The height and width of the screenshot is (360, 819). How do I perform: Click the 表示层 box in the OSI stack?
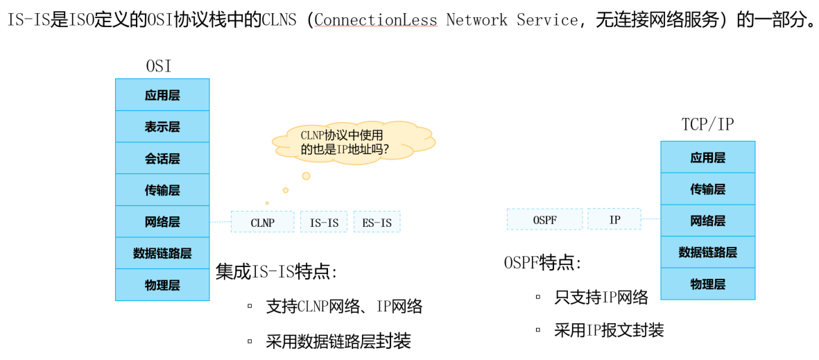coord(162,127)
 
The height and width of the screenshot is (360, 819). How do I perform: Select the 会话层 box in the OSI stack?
coord(162,159)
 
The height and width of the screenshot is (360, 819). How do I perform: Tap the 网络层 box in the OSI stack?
coord(162,222)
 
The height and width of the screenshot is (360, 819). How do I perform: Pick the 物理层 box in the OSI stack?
coord(162,285)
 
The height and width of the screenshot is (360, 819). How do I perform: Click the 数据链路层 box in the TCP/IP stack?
coord(707,252)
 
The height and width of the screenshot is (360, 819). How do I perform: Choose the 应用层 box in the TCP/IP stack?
coord(707,157)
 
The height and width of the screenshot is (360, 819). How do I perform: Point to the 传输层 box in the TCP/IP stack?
coord(707,189)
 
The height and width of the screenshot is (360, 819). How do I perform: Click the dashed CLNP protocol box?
coord(262,222)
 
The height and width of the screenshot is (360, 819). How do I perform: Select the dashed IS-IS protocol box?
coord(324,222)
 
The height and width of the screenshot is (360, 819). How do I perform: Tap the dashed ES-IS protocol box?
coord(377,222)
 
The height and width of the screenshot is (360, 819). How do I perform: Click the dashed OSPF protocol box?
coord(544,219)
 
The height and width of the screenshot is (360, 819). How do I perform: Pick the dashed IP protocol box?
coord(614,219)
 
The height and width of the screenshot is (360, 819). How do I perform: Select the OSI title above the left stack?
coord(158,67)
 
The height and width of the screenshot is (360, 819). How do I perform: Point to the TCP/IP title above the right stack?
coord(707,125)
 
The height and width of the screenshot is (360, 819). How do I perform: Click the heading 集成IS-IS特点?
coord(277,272)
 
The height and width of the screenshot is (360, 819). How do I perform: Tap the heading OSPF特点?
coord(542,263)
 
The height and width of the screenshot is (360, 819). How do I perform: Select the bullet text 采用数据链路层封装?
coord(338,341)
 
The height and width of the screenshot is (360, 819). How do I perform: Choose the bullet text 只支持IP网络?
coord(601,298)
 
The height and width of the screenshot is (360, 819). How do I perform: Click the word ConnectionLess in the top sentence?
coord(376,20)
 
